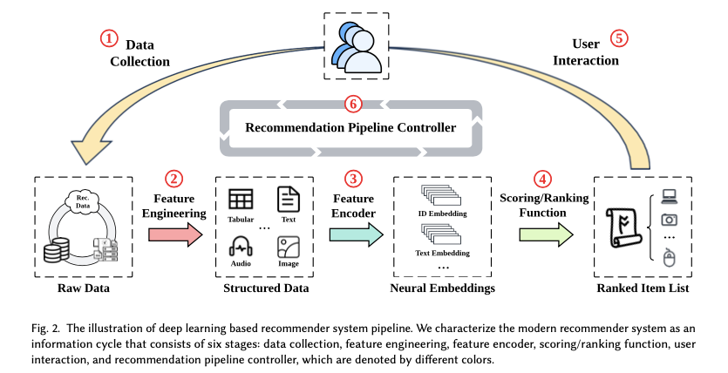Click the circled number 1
109,38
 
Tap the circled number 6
352,102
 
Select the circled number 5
617,38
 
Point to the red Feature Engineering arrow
175,234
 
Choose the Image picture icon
288,247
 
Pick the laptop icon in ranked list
670,195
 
